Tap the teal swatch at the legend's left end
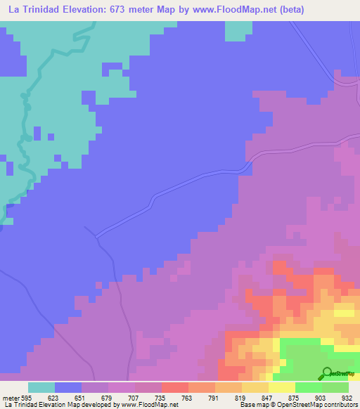(x=41, y=387)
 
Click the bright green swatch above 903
(x=308, y=387)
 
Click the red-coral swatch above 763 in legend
(x=174, y=387)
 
